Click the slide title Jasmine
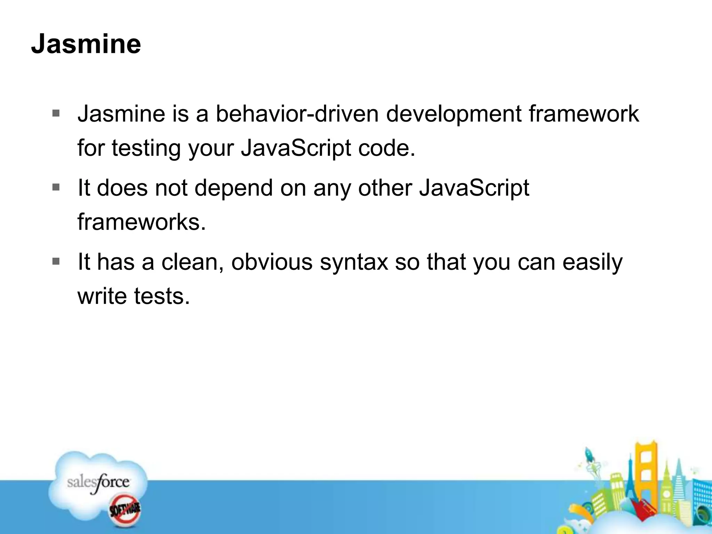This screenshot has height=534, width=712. (86, 44)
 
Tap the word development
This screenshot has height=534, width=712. (453, 114)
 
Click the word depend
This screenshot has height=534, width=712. (233, 188)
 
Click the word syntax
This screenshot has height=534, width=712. (354, 262)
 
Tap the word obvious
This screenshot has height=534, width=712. (272, 262)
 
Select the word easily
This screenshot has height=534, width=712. (592, 262)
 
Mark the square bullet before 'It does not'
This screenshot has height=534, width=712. (56, 187)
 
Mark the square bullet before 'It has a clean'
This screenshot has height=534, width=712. (56, 261)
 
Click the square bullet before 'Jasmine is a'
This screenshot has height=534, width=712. (56, 113)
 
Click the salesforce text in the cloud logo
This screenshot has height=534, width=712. (98, 483)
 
